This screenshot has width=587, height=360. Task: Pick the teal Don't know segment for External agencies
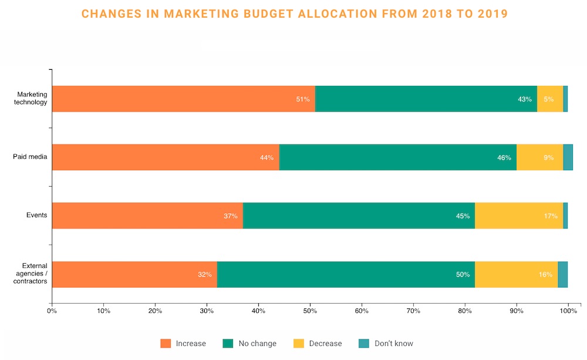(x=562, y=274)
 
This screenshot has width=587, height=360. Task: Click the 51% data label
(x=303, y=99)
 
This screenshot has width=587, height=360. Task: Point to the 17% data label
(x=550, y=216)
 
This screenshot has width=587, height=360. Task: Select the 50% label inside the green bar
(x=463, y=275)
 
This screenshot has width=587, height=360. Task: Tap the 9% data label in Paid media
(x=548, y=157)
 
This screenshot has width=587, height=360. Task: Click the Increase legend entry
(x=183, y=344)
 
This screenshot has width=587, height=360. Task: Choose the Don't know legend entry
(x=387, y=344)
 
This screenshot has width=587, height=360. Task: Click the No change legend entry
(x=249, y=344)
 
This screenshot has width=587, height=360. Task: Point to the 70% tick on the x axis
(x=413, y=311)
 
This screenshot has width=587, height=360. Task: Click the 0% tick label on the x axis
(x=52, y=311)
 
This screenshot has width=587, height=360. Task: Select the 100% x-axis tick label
(x=568, y=311)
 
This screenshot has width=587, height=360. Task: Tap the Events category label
(x=36, y=216)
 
